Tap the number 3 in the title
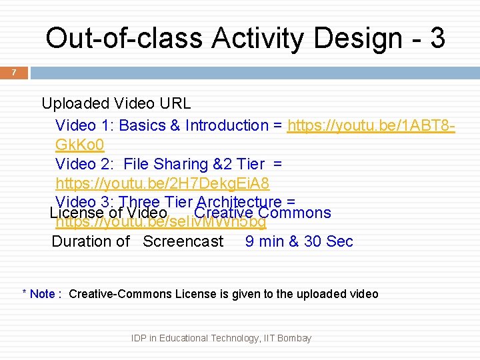coord(437,38)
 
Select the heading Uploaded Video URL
coord(116,103)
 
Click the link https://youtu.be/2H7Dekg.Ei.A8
coord(162,183)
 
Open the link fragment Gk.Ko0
coord(79,145)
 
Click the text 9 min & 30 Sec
coord(299,241)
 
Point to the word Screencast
coord(183,241)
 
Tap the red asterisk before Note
coord(25,293)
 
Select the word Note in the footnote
coord(43,294)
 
